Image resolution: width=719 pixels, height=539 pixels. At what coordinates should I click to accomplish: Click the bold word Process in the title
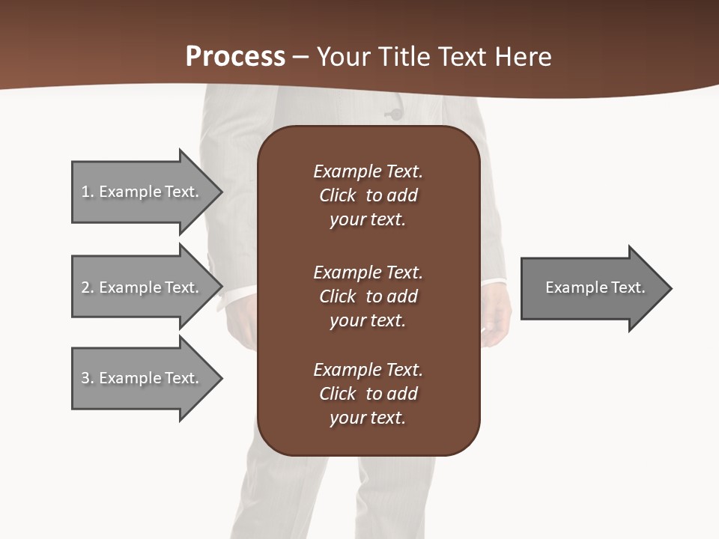[235, 57]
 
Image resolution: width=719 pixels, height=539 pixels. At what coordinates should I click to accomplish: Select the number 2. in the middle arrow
[88, 287]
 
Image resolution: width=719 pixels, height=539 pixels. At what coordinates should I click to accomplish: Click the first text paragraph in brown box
[368, 195]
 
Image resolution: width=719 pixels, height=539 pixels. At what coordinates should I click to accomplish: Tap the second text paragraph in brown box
[368, 296]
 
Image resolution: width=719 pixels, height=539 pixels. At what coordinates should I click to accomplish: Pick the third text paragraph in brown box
[368, 394]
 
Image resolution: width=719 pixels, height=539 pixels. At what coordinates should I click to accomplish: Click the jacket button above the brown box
[393, 114]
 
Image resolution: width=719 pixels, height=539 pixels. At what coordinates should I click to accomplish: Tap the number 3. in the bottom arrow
[88, 378]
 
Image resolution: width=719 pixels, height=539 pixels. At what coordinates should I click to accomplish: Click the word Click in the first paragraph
[337, 195]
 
